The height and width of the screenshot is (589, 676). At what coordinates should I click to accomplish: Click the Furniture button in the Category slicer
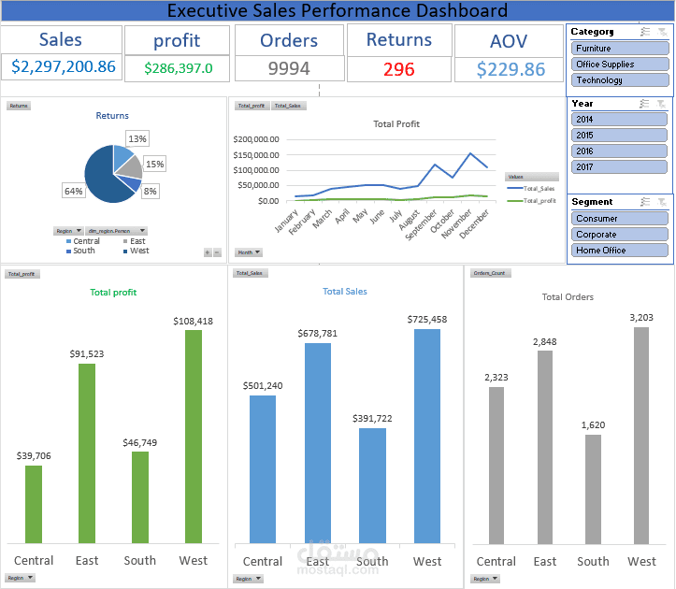coord(618,48)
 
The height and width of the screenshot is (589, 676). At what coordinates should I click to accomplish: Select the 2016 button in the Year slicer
coord(618,151)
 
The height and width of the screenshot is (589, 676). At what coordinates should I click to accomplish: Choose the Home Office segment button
coord(618,251)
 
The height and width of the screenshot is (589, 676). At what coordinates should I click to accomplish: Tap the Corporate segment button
coord(618,235)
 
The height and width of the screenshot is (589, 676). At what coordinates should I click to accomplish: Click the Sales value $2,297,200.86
coord(64,67)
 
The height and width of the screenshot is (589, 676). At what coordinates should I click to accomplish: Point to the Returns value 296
coord(398,69)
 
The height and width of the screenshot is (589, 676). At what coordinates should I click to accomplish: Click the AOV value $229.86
coord(510,70)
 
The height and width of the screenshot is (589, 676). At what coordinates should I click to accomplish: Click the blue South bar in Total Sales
coord(372,485)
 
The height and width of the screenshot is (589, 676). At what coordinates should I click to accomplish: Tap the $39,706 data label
coord(34,455)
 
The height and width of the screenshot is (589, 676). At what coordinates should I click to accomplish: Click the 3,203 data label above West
coord(641,317)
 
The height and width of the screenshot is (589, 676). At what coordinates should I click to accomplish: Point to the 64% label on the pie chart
coord(73,191)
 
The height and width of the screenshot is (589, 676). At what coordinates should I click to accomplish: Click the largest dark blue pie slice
coord(101,178)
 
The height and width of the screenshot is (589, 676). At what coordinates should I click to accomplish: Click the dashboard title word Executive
coord(212,11)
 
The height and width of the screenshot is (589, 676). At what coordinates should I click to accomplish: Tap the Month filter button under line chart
coord(249,252)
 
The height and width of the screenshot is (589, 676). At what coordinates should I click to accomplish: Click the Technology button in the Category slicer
coord(618,80)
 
